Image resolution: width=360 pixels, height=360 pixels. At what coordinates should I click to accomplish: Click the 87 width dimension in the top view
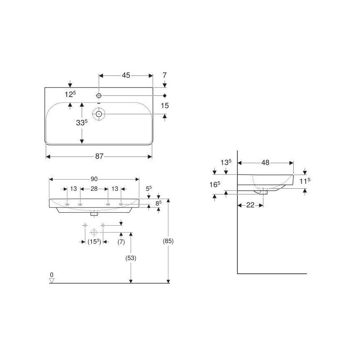[x=99, y=156]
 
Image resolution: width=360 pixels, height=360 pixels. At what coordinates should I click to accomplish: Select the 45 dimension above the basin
[x=126, y=75]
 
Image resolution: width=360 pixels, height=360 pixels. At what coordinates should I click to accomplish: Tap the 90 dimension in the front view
[x=94, y=179]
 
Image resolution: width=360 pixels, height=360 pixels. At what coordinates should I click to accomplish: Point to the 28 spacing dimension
[x=94, y=189]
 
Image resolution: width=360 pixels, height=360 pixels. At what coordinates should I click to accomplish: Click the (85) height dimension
[x=168, y=241]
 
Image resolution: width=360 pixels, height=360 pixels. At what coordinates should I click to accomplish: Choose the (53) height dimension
[x=131, y=258]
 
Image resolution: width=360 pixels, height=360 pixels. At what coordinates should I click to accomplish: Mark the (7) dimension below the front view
[x=121, y=242]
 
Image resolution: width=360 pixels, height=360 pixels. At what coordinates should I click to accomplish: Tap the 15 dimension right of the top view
[x=165, y=106]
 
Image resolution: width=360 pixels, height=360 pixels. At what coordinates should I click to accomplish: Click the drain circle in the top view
[x=99, y=114]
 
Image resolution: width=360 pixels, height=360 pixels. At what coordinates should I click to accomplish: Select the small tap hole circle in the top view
[x=99, y=96]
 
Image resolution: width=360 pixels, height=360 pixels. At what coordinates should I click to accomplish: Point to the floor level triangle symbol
[x=51, y=281]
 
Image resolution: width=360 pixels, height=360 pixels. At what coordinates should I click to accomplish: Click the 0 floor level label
[x=51, y=275]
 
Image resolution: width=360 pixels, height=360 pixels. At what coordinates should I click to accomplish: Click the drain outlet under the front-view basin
[x=95, y=214]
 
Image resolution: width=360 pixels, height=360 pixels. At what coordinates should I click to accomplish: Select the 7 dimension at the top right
[x=165, y=75]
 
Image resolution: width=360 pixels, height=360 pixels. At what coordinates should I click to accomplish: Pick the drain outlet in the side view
[x=264, y=192]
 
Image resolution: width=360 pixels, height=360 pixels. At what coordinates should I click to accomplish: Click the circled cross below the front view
[x=94, y=232]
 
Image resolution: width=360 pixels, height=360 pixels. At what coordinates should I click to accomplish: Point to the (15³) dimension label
[x=94, y=242]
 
